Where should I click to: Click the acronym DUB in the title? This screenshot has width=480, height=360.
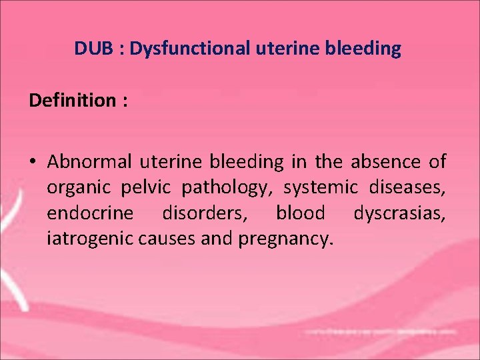coord(89,49)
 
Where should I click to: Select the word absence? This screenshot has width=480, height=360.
coord(391,162)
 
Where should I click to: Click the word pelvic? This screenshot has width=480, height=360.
coord(140,188)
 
